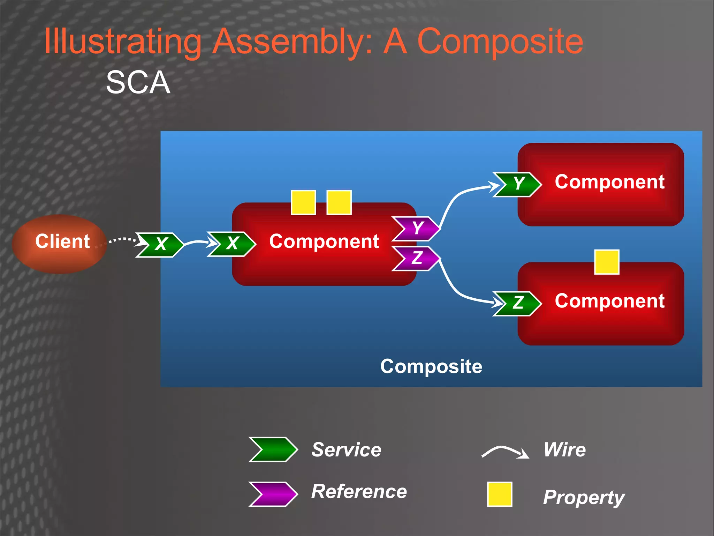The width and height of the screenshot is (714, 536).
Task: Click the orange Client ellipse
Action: (59, 244)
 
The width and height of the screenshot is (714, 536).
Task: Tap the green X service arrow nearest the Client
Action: (160, 245)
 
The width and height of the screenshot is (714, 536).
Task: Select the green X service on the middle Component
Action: (231, 244)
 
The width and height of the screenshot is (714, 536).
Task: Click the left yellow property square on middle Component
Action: (303, 202)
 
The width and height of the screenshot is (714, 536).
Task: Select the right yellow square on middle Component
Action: (339, 202)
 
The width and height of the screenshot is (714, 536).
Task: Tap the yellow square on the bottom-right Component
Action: (607, 262)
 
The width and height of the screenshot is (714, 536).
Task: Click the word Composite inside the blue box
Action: (431, 366)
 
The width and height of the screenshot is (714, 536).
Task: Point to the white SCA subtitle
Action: (138, 83)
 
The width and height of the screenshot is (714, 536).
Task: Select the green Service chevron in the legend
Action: (273, 449)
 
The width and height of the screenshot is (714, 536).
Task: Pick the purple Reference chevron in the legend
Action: (273, 494)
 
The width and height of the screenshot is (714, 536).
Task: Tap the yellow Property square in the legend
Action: (500, 494)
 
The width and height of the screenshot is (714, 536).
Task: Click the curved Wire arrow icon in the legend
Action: (505, 452)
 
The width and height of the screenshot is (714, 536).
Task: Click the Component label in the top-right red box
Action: (609, 182)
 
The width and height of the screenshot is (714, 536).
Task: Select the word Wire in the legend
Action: (564, 449)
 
